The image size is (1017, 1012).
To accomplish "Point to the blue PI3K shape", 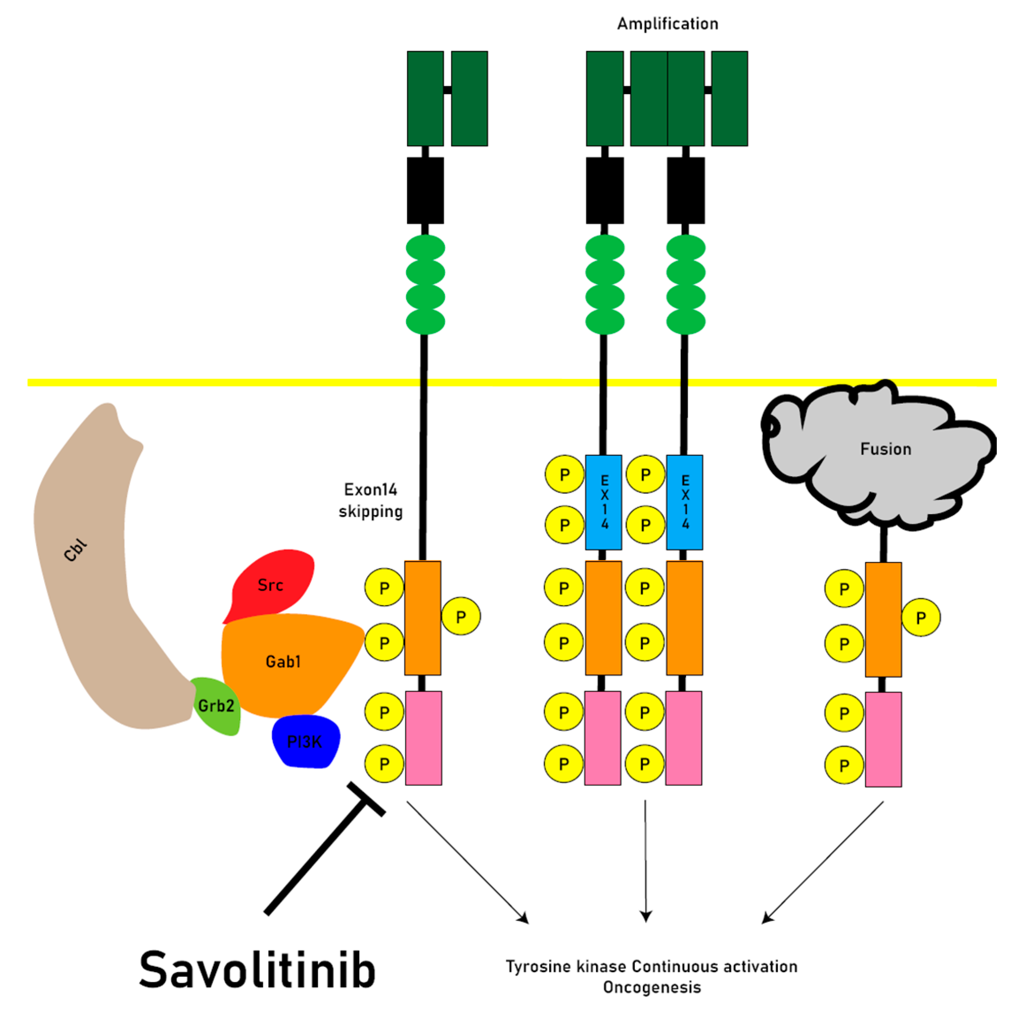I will pyautogui.click(x=305, y=742).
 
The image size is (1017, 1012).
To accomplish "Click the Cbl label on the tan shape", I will pyautogui.click(x=75, y=550).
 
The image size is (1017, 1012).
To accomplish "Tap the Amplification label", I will pyautogui.click(x=667, y=24).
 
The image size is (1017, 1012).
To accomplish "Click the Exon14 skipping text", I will pyautogui.click(x=371, y=500).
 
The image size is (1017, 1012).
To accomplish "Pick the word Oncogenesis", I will pyautogui.click(x=652, y=987).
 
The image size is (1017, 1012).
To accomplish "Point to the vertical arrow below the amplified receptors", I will pyautogui.click(x=645, y=864).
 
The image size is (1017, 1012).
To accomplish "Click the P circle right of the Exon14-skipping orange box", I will pyautogui.click(x=460, y=616).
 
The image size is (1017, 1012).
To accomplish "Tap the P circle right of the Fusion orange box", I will pyautogui.click(x=921, y=618).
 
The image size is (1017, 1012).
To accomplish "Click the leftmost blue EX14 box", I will pyautogui.click(x=604, y=502).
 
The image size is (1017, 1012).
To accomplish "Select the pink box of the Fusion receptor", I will pyautogui.click(x=883, y=739).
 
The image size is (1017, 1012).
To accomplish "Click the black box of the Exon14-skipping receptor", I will pyautogui.click(x=426, y=190).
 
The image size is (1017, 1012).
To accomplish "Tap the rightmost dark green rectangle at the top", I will pyautogui.click(x=729, y=99).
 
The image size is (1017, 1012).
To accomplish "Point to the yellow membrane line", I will pyautogui.click(x=211, y=383).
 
